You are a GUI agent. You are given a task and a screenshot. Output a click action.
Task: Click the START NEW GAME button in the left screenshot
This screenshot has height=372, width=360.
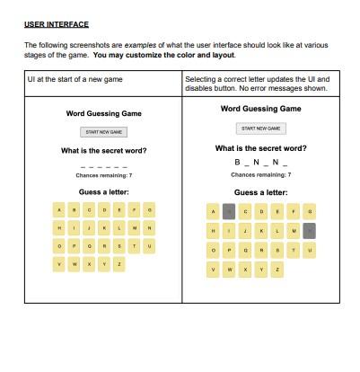[x=104, y=133]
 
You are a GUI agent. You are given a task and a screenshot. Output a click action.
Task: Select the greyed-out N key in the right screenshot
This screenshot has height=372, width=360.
[x=311, y=231]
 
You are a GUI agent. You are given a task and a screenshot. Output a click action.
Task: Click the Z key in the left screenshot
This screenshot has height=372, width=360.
[x=120, y=264]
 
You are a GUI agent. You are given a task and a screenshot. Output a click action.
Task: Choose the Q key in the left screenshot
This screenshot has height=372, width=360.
[x=90, y=245]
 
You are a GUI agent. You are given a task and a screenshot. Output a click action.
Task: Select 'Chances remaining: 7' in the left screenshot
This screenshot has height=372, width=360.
[x=104, y=176]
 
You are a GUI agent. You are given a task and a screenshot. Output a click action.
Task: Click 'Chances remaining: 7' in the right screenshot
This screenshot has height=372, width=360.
[x=261, y=174]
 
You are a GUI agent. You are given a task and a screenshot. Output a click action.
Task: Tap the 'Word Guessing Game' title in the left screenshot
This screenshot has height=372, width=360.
[x=104, y=114]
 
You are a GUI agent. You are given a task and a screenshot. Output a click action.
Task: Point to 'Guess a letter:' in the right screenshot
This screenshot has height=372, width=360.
[x=261, y=192]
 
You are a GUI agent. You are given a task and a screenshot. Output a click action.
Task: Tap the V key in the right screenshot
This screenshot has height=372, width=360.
[x=214, y=269]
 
